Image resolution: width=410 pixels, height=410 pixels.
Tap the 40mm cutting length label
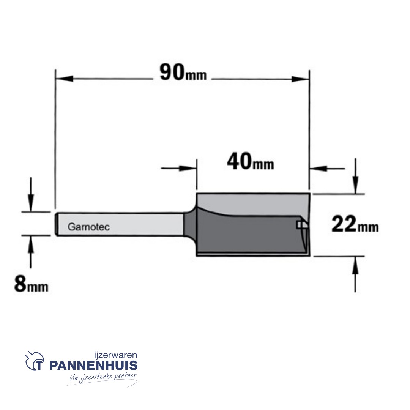251,162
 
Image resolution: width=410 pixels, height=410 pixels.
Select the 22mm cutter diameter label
355,224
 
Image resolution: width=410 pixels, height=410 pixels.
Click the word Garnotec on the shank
88,227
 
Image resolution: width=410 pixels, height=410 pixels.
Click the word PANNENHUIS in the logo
93,365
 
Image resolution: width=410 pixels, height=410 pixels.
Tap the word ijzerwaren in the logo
115,355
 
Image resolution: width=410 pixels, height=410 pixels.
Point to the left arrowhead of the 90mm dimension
64,79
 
